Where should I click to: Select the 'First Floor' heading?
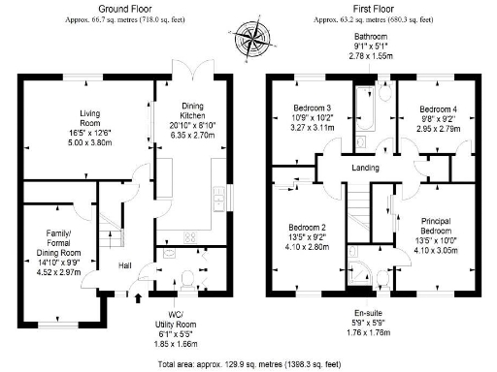[366, 9]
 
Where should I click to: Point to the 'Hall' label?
[126, 264]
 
